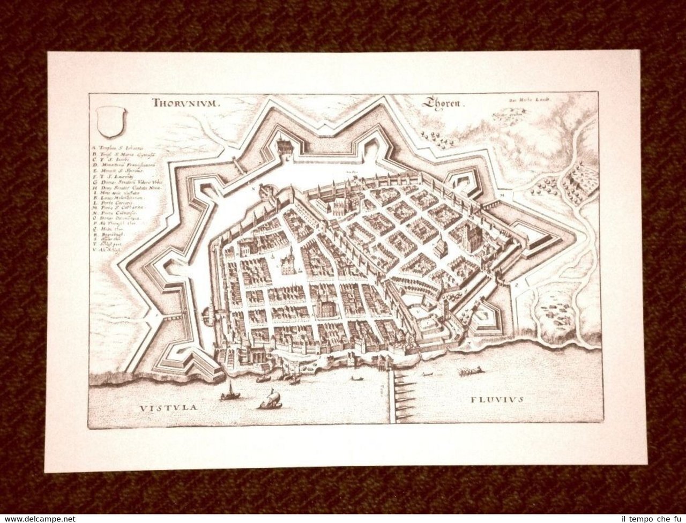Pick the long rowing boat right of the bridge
pyautogui.click(x=470, y=371)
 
